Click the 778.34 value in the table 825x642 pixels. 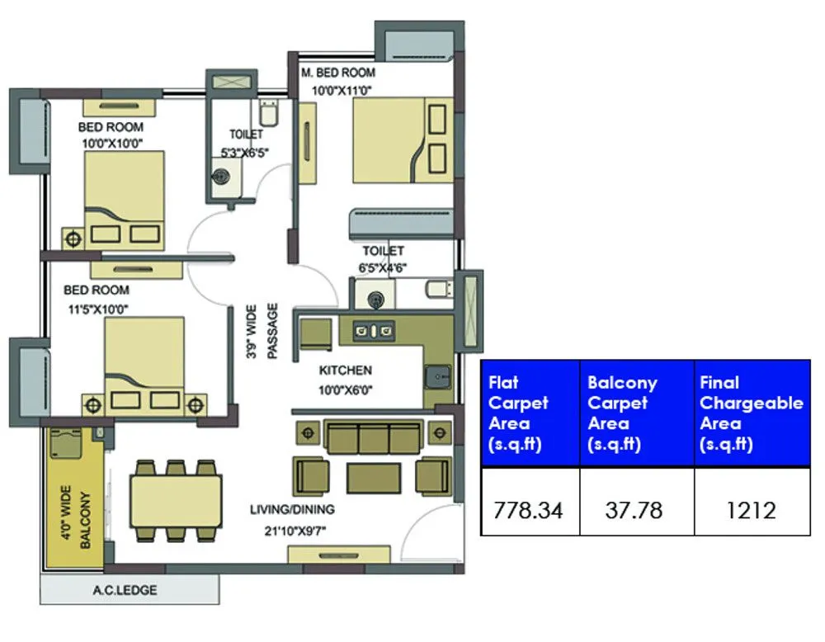click(x=528, y=510)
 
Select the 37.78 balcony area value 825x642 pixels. click(x=633, y=510)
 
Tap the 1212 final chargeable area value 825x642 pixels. click(x=751, y=510)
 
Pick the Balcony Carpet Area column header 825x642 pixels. click(x=622, y=413)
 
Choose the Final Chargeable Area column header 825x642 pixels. click(x=751, y=413)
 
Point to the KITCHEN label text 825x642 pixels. click(x=346, y=371)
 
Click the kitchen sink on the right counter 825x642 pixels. click(x=436, y=377)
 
